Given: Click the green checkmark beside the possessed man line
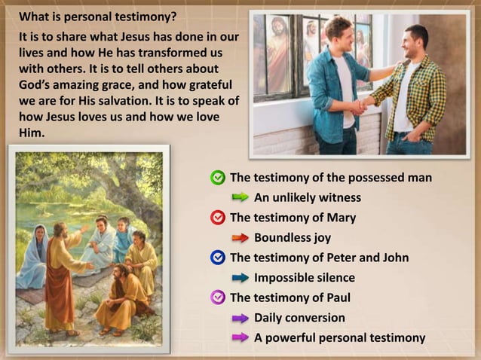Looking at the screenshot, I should click(x=218, y=178).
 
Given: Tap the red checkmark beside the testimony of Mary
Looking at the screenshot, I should click(x=218, y=218).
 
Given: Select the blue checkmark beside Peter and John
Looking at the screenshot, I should click(x=218, y=258).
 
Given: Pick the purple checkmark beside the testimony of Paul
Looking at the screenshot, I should click(x=218, y=297).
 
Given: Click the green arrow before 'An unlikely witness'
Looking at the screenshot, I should click(x=240, y=197).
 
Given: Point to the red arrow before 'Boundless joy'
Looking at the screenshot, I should click(x=240, y=238).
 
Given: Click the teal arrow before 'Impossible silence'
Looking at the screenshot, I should click(x=240, y=278).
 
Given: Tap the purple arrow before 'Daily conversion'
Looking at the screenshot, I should click(x=240, y=318).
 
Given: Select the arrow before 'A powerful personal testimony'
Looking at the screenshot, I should click(x=240, y=337).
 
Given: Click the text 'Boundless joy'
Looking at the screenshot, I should click(x=292, y=238).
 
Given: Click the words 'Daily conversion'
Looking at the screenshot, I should click(x=299, y=318).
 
